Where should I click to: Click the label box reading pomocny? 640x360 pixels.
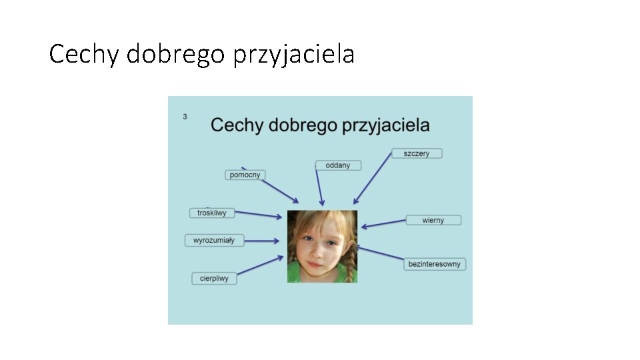pyautogui.click(x=245, y=175)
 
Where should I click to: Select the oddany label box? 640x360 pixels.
pyautogui.click(x=338, y=165)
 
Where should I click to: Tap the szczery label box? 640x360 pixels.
pyautogui.click(x=417, y=153)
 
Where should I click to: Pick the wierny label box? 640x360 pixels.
pyautogui.click(x=433, y=220)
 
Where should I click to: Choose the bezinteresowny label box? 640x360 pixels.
pyautogui.click(x=435, y=264)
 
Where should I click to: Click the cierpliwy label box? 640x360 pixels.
pyautogui.click(x=214, y=278)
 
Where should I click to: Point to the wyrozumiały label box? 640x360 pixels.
pyautogui.click(x=214, y=240)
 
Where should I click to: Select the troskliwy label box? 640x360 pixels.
pyautogui.click(x=212, y=213)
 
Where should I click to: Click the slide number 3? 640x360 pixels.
pyautogui.click(x=185, y=117)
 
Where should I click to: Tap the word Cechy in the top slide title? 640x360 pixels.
pyautogui.click(x=84, y=54)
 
